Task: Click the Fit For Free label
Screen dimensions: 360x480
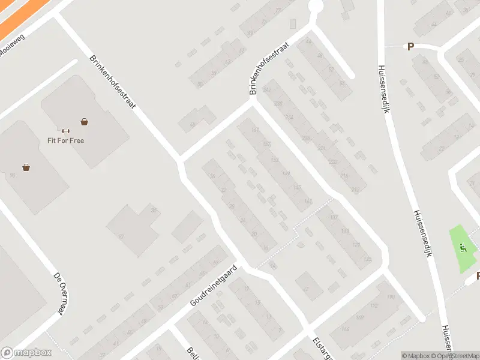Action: pyautogui.click(x=66, y=141)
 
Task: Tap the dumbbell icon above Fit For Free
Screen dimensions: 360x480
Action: pyautogui.click(x=65, y=131)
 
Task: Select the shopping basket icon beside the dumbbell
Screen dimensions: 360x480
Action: pyautogui.click(x=85, y=122)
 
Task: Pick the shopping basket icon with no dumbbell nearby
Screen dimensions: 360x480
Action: pyautogui.click(x=26, y=167)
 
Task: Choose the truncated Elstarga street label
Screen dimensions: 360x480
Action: pyautogui.click(x=318, y=347)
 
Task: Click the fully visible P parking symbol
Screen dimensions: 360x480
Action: pyautogui.click(x=411, y=47)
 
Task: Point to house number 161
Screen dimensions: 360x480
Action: pyautogui.click(x=255, y=130)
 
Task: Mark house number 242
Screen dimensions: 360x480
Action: pyautogui.click(x=268, y=90)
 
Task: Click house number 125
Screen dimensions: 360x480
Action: pyautogui.click(x=367, y=259)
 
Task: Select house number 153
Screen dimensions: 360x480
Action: pyautogui.click(x=275, y=160)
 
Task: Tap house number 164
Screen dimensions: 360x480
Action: pyautogui.click(x=344, y=329)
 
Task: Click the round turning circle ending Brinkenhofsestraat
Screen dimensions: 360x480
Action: pyautogui.click(x=315, y=7)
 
